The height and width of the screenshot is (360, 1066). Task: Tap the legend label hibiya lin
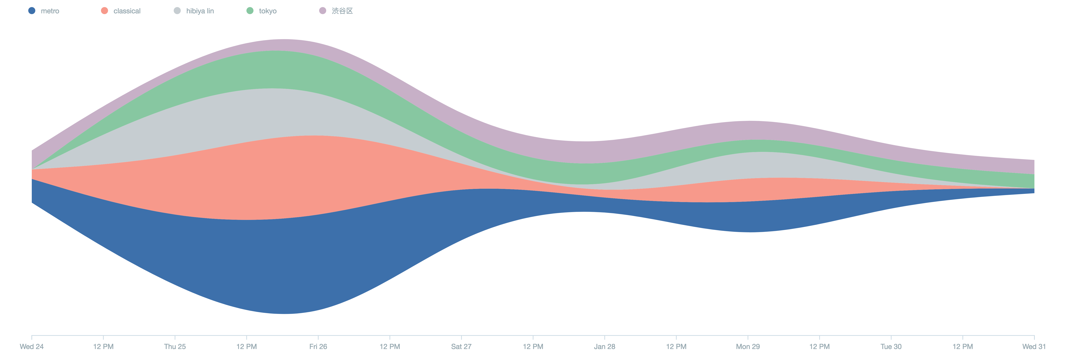[200, 11]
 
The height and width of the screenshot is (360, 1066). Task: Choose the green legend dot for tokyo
[250, 11]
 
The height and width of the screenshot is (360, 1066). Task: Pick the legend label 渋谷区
[342, 11]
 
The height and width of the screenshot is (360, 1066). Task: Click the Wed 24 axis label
[31, 346]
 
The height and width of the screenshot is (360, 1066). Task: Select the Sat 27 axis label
[461, 346]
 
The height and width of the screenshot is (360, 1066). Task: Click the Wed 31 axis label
[1034, 346]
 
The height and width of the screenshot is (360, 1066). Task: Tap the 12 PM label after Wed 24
[103, 346]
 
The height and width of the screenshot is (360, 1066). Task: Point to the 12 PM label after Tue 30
[963, 346]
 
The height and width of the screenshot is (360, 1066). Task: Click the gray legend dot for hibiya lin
[177, 11]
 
